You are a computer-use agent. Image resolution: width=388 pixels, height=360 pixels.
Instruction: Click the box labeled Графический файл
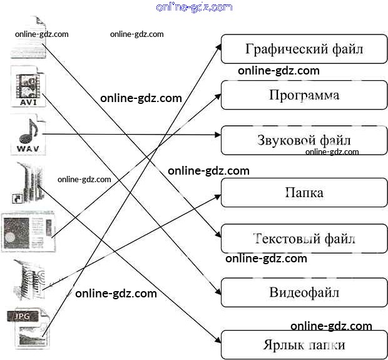click(304, 49)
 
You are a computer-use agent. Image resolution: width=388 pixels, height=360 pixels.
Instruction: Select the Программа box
click(304, 95)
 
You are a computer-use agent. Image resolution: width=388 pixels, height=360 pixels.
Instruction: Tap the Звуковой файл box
click(304, 140)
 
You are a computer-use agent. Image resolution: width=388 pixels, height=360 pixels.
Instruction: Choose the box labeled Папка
click(304, 192)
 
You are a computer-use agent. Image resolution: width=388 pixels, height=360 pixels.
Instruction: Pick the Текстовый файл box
click(304, 239)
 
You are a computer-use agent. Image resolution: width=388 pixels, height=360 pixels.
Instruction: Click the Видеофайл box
click(304, 292)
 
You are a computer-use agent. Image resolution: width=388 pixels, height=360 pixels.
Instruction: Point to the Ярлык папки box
click(304, 345)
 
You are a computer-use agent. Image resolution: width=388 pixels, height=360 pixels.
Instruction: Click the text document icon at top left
click(28, 38)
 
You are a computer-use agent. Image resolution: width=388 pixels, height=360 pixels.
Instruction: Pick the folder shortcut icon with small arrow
click(26, 182)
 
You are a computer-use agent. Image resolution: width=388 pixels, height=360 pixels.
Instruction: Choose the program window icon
click(29, 232)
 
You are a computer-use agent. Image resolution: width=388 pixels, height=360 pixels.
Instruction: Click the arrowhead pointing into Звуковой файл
click(218, 133)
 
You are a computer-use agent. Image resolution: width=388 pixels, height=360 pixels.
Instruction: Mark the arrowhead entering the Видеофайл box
click(217, 291)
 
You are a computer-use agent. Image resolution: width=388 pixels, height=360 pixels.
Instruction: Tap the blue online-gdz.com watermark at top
click(194, 7)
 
